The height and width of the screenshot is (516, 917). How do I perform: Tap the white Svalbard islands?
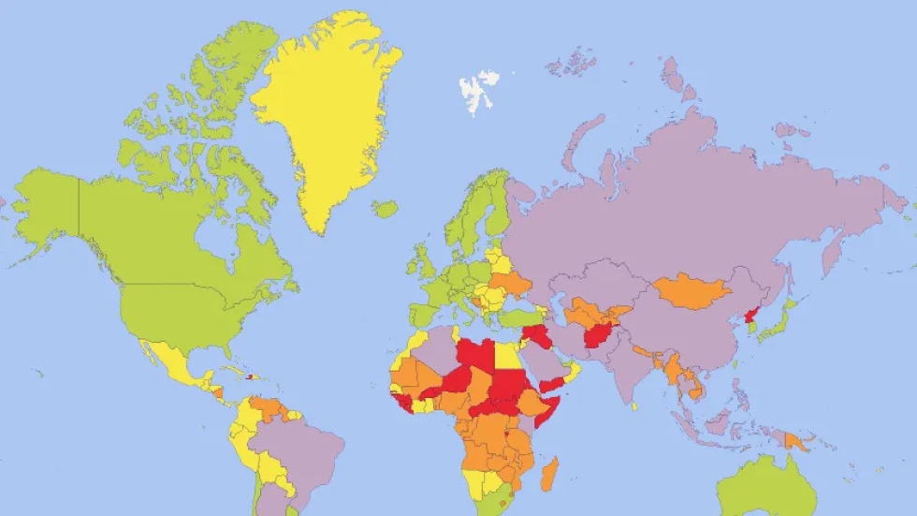click(x=478, y=90)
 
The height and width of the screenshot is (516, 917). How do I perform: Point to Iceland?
click(x=384, y=209)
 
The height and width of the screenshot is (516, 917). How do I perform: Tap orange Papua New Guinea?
click(x=796, y=439)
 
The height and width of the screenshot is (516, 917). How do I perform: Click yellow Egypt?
click(x=508, y=356)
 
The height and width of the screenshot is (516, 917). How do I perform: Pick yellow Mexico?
click(x=174, y=361)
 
